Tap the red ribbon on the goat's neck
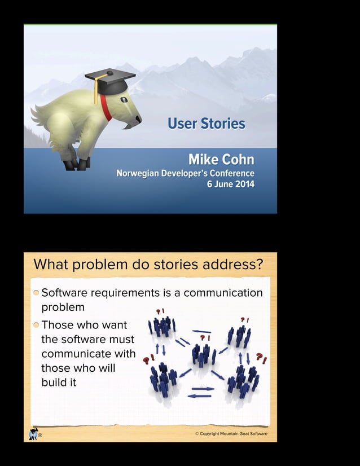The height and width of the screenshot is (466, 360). pyautogui.click(x=106, y=108)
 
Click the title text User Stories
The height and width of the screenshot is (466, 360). pyautogui.click(x=206, y=124)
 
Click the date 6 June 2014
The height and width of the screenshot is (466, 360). pyautogui.click(x=231, y=184)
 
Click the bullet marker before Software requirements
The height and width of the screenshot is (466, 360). pyautogui.click(x=36, y=293)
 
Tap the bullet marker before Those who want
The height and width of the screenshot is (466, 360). pyautogui.click(x=36, y=325)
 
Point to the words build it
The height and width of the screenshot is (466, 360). pyautogui.click(x=59, y=382)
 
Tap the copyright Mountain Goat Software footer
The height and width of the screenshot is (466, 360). pyautogui.click(x=231, y=434)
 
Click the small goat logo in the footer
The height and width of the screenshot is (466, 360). pyautogui.click(x=33, y=434)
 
